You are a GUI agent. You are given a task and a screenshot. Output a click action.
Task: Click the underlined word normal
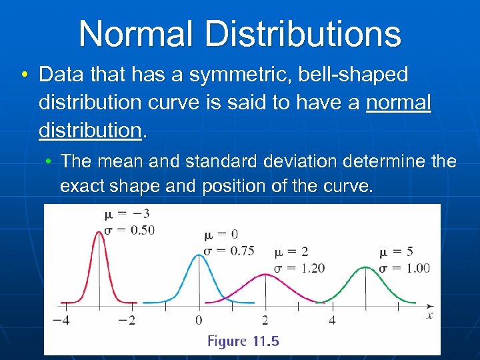[399, 103]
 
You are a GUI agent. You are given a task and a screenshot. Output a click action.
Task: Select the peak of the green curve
[365, 267]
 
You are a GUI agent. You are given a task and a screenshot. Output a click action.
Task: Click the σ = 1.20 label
[299, 268]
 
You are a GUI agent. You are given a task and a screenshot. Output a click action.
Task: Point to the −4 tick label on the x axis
[61, 320]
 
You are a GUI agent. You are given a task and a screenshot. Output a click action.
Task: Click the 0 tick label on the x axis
[199, 320]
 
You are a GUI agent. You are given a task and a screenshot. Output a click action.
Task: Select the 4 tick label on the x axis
[332, 320]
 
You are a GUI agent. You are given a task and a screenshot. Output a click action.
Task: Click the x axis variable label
[429, 315]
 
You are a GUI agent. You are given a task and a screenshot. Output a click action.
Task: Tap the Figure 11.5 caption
[243, 341]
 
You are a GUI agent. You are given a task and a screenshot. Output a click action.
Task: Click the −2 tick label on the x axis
[127, 320]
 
